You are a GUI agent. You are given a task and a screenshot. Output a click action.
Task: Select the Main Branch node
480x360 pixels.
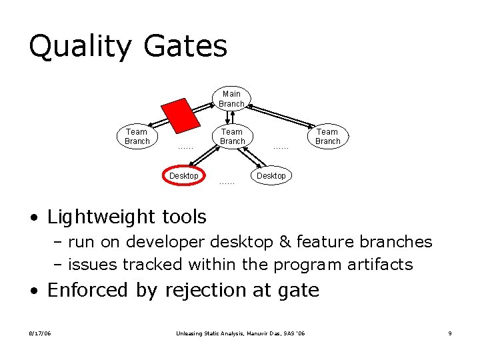point(231,99)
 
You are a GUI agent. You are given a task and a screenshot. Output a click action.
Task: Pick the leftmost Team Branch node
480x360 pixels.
point(137,136)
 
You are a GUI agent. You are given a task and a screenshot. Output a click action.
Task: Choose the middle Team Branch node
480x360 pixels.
point(232,136)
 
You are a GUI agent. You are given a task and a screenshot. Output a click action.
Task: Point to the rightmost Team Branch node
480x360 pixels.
point(327,136)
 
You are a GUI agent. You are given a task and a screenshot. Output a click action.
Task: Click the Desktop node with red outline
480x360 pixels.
point(184,175)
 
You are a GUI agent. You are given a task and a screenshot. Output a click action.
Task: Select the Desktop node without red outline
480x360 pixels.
point(271,175)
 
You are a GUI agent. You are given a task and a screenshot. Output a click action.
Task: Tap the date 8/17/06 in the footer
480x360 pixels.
point(40,333)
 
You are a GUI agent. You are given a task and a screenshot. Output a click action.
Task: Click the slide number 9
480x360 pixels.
point(450,333)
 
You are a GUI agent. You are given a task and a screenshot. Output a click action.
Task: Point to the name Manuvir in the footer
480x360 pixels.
point(247,333)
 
